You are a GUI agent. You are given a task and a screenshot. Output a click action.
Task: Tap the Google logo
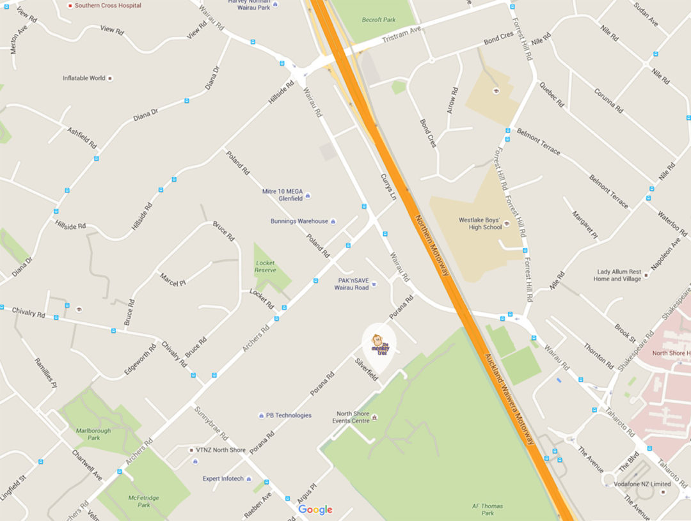pyautogui.click(x=315, y=509)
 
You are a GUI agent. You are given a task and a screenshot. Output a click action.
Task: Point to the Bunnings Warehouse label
pyautogui.click(x=299, y=221)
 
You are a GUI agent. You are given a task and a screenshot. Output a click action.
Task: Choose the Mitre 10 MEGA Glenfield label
pyautogui.click(x=282, y=194)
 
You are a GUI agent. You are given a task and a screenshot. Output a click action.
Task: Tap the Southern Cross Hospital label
pyautogui.click(x=107, y=5)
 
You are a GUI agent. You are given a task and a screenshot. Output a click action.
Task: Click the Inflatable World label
pyautogui.click(x=84, y=78)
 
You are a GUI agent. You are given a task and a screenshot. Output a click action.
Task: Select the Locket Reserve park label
pyautogui.click(x=266, y=267)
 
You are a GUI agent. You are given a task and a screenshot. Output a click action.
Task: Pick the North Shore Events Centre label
pyautogui.click(x=351, y=417)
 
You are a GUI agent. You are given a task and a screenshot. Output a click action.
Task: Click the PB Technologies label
pyautogui.click(x=289, y=416)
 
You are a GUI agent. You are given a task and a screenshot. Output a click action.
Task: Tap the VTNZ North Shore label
pyautogui.click(x=221, y=450)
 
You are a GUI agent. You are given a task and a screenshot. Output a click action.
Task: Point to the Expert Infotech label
pyautogui.click(x=223, y=479)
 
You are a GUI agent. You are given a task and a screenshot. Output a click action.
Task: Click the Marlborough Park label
pyautogui.click(x=94, y=434)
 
